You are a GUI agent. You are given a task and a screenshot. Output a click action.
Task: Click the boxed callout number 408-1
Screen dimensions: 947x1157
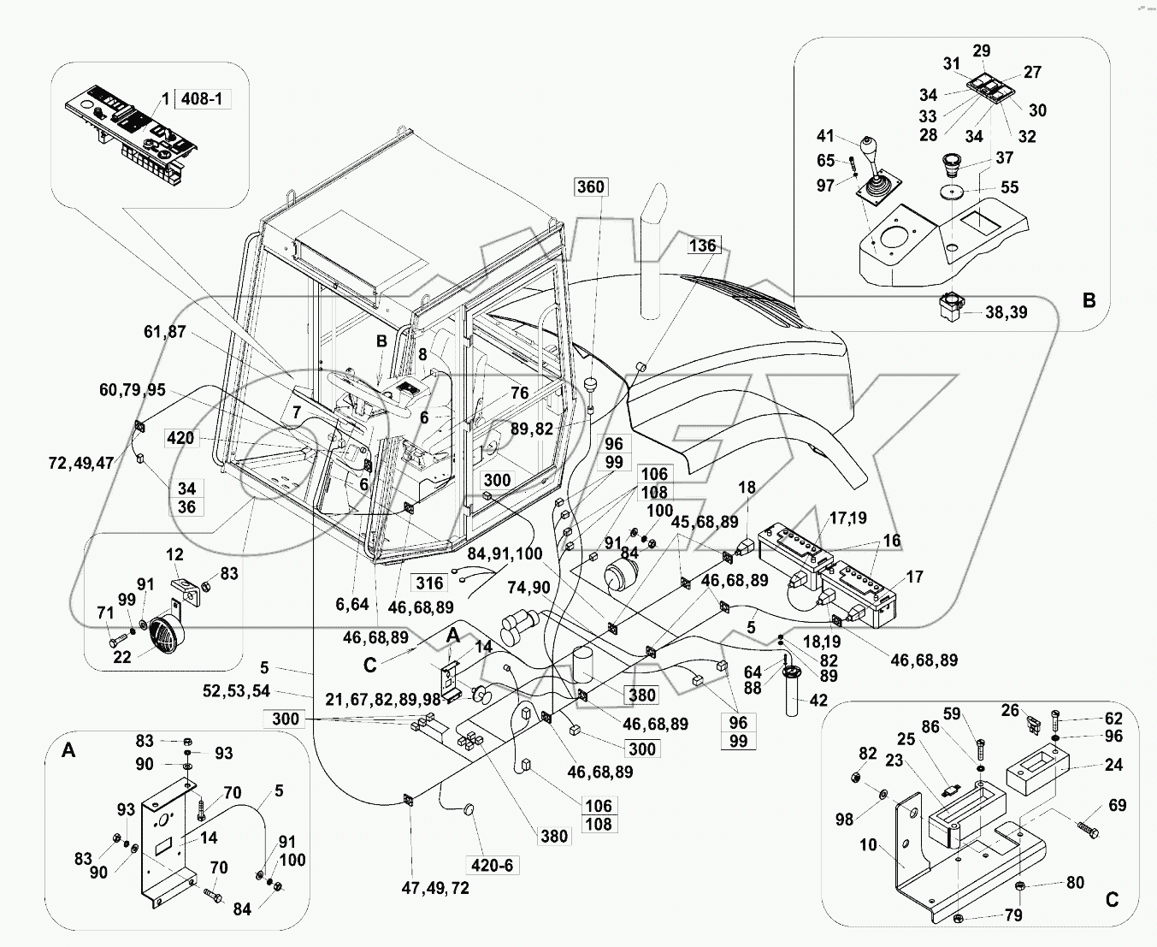click(202, 99)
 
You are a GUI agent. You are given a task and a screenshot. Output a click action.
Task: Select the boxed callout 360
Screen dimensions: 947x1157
click(590, 186)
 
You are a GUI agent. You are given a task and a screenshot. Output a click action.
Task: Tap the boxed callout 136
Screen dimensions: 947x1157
click(702, 246)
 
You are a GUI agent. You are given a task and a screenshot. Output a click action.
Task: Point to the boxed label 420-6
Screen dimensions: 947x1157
click(492, 865)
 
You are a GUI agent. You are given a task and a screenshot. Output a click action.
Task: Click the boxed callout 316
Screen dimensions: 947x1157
click(429, 583)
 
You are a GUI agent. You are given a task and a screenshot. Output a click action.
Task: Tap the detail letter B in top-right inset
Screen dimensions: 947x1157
click(1089, 300)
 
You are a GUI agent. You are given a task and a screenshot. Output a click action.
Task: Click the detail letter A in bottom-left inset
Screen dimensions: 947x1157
click(69, 750)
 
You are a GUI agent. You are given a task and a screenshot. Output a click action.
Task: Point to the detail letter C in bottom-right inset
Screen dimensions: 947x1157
click(1112, 899)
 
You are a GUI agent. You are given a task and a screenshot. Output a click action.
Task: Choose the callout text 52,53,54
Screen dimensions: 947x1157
click(236, 691)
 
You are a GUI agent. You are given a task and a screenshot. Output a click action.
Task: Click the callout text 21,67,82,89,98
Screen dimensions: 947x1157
click(382, 700)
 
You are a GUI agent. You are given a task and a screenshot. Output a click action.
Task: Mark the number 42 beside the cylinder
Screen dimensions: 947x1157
click(818, 701)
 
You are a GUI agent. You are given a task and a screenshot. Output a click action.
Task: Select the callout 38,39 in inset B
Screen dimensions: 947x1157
click(1006, 312)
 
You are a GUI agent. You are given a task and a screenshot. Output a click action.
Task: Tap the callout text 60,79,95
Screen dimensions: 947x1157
click(132, 390)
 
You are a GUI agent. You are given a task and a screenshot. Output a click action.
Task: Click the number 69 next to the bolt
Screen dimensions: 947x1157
click(1117, 805)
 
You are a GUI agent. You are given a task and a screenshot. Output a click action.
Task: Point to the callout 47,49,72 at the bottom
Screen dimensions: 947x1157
click(435, 888)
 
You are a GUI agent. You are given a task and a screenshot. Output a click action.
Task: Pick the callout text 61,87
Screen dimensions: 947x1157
click(164, 331)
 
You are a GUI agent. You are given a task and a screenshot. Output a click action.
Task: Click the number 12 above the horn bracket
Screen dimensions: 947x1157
click(174, 556)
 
